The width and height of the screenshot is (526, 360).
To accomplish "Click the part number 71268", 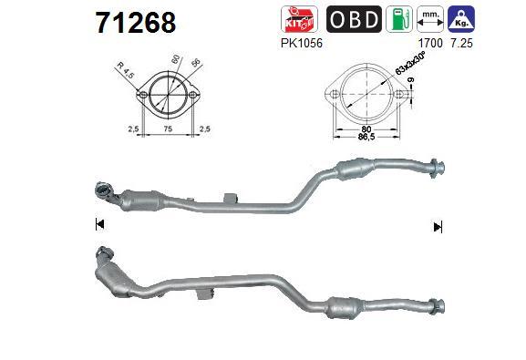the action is point(136,23).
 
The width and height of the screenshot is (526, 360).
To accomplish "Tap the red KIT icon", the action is point(300,19).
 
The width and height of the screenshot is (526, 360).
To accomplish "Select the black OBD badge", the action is point(354,19).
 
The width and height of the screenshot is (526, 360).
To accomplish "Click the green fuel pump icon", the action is point(399,19).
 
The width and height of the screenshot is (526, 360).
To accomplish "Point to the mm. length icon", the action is point(430,19).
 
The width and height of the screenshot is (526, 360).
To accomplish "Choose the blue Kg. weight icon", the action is point(461,19).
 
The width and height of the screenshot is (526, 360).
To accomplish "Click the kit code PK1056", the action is point(302,43).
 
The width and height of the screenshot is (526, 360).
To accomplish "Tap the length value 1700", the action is point(430,43).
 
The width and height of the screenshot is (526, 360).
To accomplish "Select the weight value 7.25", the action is point(461,43).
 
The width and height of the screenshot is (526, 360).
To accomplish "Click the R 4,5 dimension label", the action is point(126,70).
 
